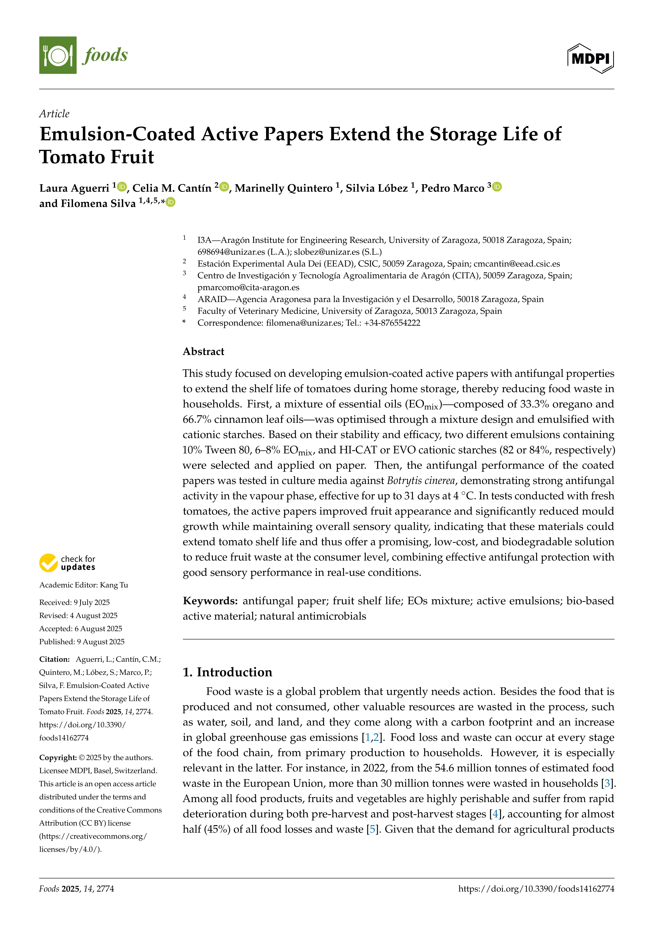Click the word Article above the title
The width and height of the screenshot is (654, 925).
click(54, 114)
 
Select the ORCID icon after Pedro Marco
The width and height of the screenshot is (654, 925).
click(497, 187)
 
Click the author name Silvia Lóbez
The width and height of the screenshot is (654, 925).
click(377, 188)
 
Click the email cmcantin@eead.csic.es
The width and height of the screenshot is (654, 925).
click(516, 264)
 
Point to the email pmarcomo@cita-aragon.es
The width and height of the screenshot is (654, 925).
click(248, 287)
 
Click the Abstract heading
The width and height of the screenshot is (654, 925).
click(203, 351)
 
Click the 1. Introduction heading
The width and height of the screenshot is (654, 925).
click(228, 672)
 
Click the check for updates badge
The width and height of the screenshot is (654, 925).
click(67, 563)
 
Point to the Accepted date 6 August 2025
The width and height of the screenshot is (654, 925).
click(98, 629)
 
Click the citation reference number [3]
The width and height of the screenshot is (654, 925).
click(607, 783)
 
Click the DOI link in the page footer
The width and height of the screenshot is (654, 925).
click(536, 888)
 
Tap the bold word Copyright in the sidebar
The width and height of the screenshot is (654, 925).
click(57, 758)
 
